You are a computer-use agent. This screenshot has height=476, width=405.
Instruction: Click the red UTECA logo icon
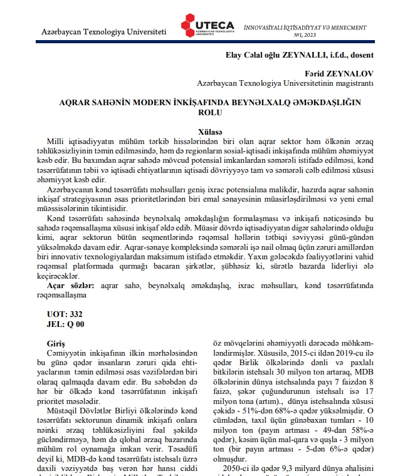[189, 24]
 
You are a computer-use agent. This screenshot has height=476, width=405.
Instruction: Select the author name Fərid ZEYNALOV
[347, 73]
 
